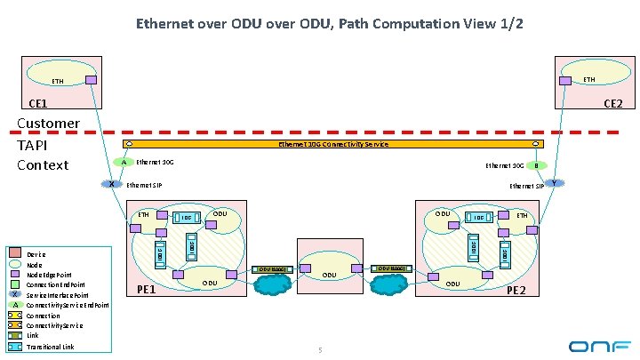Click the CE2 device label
613,105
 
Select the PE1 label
147,290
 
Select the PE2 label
516,291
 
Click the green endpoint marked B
536,164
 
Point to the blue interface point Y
554,183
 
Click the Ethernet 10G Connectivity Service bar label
332,144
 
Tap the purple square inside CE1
92,80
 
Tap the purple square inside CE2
564,79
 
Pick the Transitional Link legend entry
51,347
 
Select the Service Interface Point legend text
58,295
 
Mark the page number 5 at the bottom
320,350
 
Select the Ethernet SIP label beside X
145,185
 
